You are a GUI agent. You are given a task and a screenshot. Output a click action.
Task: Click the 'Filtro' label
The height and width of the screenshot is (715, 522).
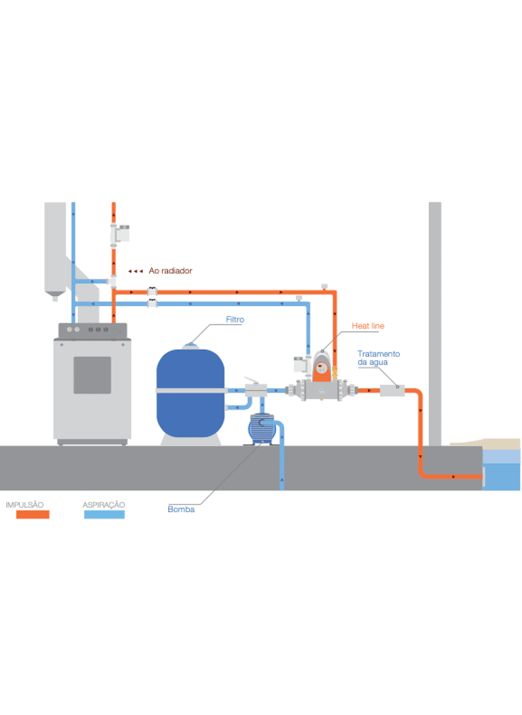pos(235,320)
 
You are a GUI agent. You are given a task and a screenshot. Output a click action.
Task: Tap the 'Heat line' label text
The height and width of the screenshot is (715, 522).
pos(368,326)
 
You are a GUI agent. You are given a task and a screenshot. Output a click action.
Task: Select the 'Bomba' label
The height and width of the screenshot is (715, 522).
pos(181,509)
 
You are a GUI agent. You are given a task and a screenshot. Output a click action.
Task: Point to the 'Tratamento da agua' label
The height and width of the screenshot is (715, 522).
pos(379,357)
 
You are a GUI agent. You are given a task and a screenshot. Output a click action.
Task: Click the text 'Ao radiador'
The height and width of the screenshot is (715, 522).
pos(170,271)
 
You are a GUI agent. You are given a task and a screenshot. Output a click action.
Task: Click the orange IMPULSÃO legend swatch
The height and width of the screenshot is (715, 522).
pos(27,514)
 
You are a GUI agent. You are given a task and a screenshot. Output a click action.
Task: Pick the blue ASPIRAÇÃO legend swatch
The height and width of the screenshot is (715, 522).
pos(104,514)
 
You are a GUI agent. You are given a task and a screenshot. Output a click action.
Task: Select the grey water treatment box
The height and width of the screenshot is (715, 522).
pos(392,390)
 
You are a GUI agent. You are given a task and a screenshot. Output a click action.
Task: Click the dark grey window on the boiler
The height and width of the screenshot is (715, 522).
pos(92,375)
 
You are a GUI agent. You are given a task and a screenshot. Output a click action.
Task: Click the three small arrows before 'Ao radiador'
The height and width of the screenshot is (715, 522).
pos(135,272)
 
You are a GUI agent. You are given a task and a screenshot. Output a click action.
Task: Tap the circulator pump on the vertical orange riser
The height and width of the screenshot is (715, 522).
pos(120,233)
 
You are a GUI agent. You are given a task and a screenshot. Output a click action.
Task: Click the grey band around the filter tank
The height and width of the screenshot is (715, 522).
pos(190,390)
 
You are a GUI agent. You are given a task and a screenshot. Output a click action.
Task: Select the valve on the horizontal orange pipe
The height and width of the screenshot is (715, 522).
pos(152,292)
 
